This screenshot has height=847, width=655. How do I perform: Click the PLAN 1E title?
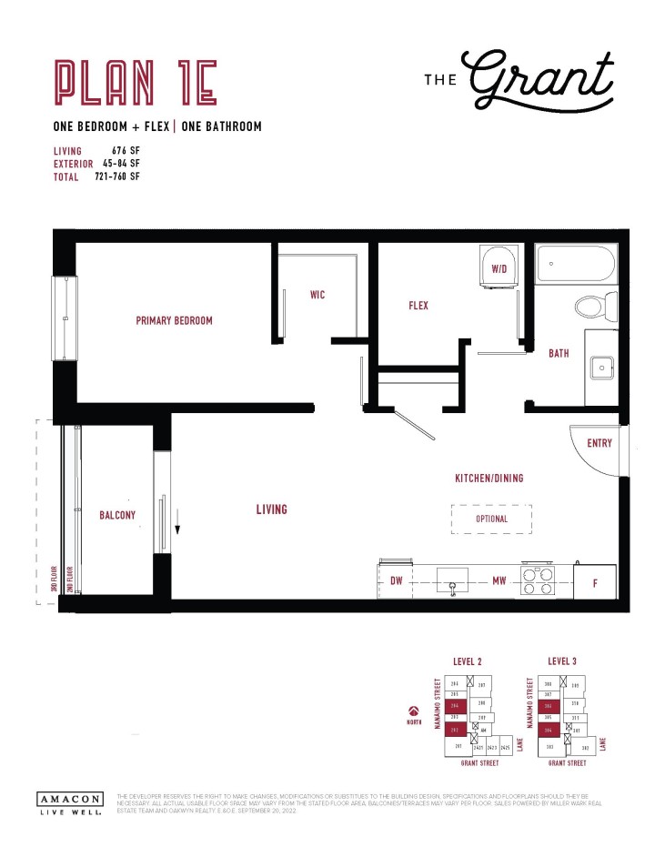pos(135,82)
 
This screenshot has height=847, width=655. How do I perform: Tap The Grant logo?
pos(519,77)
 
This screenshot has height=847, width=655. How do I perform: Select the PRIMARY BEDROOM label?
pos(174,321)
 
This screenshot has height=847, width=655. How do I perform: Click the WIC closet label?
pos(317,295)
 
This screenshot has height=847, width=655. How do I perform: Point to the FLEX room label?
pos(418,306)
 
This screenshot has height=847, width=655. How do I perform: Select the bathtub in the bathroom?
pos(575,264)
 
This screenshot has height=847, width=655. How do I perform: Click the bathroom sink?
pos(600,368)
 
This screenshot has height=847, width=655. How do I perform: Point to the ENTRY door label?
pos(600,443)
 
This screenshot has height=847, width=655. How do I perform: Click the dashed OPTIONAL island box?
pos(491,519)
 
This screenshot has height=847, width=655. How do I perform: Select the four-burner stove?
pos(538,580)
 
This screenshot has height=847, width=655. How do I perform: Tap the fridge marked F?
pos(595,582)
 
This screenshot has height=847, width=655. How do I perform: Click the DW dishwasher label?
pos(397,580)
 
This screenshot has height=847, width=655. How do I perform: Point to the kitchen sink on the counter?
pos(450,580)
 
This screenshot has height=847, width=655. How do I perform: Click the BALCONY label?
pos(117,515)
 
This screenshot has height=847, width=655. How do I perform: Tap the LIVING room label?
pos(271,509)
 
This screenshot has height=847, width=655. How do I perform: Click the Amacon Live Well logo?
pos(69,802)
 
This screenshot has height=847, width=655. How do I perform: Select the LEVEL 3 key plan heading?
pos(564,660)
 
